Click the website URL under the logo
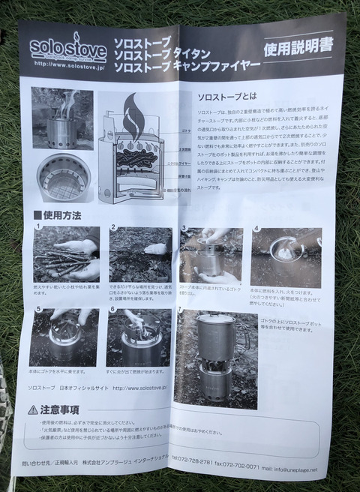pyautogui.click(x=70, y=64)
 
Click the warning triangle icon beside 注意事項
pyautogui.click(x=33, y=409)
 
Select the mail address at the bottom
pyautogui.click(x=295, y=469)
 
